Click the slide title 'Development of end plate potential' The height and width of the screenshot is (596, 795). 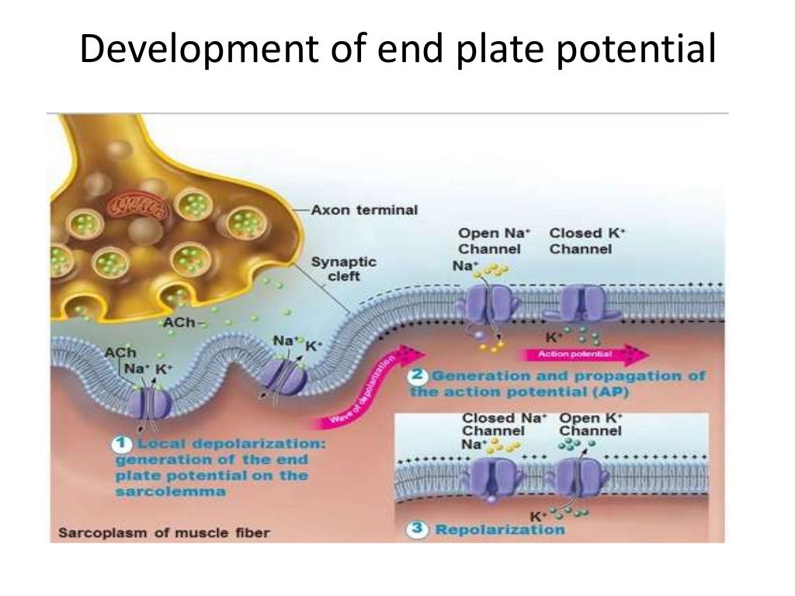[397, 51]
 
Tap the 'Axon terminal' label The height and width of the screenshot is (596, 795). [364, 210]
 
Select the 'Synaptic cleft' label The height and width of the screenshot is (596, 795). [344, 269]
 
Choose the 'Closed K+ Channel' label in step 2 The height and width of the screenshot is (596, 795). [581, 241]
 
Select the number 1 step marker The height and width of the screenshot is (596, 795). [122, 444]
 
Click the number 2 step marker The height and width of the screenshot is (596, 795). [418, 376]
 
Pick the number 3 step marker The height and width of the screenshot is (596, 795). [418, 529]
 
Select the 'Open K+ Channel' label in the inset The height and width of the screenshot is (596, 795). [591, 424]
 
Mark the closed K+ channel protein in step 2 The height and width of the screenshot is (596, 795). [582, 303]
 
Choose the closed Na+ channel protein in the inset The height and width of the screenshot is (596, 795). [491, 476]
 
